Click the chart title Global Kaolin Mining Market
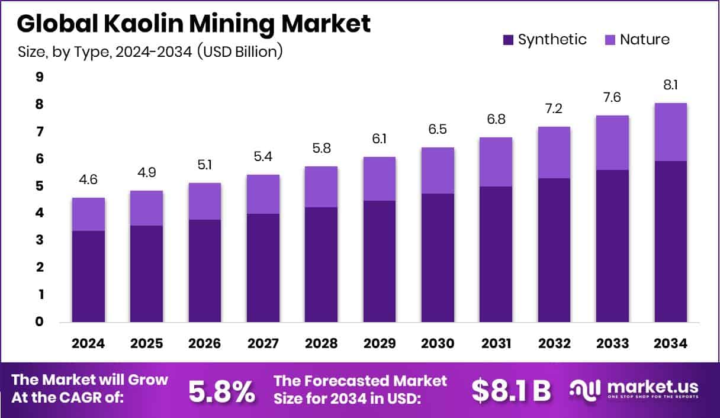click(194, 24)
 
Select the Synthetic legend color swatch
click(508, 40)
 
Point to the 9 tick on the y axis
click(39, 77)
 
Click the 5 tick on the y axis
click(39, 186)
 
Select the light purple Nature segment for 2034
click(670, 132)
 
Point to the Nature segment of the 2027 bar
click(263, 194)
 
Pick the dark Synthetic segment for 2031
click(496, 255)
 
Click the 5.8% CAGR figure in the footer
click(222, 391)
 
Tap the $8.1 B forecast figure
click(511, 391)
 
